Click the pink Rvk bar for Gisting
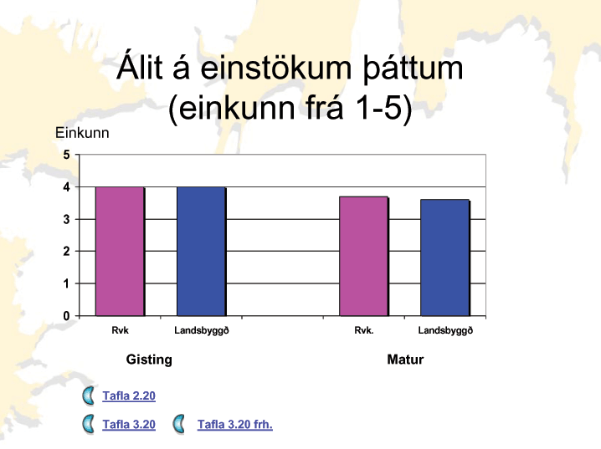pos(120,252)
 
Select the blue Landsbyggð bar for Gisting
pos(201,252)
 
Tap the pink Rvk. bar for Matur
pos(364,257)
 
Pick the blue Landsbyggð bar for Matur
pos(445,258)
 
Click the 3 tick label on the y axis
pos(67,219)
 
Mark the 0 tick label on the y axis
pos(67,316)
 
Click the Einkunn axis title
pos(82,133)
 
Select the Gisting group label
pos(149,360)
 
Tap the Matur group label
pos(405,360)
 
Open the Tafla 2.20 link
pos(129,395)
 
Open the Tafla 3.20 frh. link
pos(235,425)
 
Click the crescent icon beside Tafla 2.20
pos(88,395)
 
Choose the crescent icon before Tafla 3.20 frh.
pos(178,424)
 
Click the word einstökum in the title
pos(276,68)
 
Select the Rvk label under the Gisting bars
pos(120,330)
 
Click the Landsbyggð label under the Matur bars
pos(445,331)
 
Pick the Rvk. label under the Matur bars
pos(364,330)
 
